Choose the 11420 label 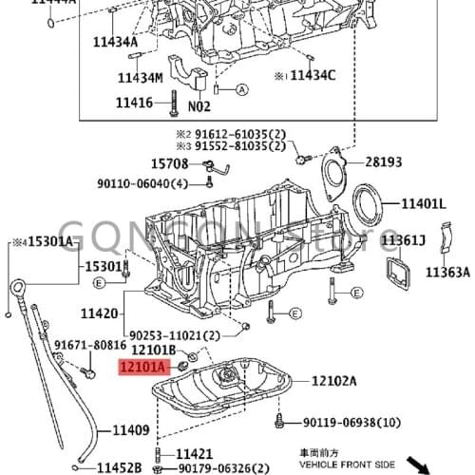99,313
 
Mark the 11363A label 446,273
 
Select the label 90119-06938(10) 351,422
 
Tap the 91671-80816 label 90,347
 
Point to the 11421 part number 195,454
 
